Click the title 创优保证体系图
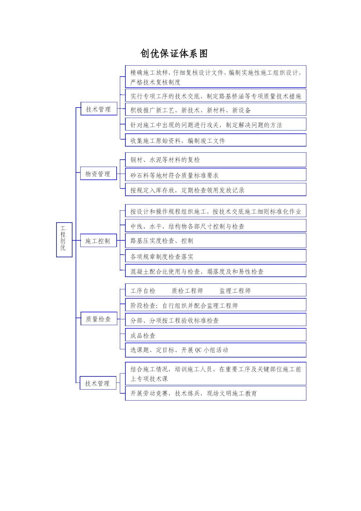click(174, 54)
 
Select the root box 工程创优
click(64, 240)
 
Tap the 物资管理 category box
click(99, 173)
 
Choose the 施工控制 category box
click(99, 240)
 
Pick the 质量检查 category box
click(99, 318)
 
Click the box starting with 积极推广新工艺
click(216, 109)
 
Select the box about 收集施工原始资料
click(216, 140)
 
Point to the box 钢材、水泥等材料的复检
click(216, 160)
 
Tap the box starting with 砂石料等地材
click(216, 175)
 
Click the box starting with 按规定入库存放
click(216, 190)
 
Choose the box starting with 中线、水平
click(216, 226)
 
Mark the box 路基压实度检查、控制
click(216, 241)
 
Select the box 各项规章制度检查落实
click(216, 256)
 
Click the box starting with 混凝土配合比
click(216, 271)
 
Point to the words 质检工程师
click(187, 291)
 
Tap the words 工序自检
click(143, 291)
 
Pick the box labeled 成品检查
click(216, 335)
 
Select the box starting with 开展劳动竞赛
click(216, 393)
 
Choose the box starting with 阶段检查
click(216, 305)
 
